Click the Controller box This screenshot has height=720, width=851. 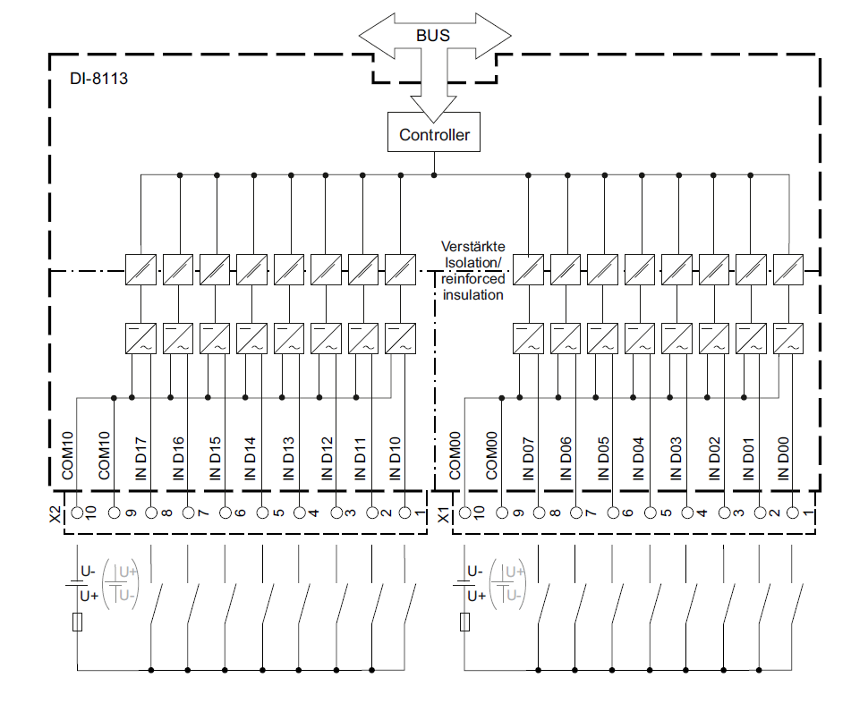click(x=434, y=135)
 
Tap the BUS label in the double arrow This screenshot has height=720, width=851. click(x=433, y=37)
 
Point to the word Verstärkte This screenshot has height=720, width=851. click(x=472, y=246)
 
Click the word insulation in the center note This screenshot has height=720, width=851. click(x=472, y=294)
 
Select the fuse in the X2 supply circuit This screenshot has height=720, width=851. click(x=78, y=623)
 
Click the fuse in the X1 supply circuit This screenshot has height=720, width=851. click(x=466, y=623)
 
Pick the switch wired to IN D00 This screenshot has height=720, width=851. click(x=796, y=604)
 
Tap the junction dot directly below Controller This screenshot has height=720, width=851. click(x=434, y=174)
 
